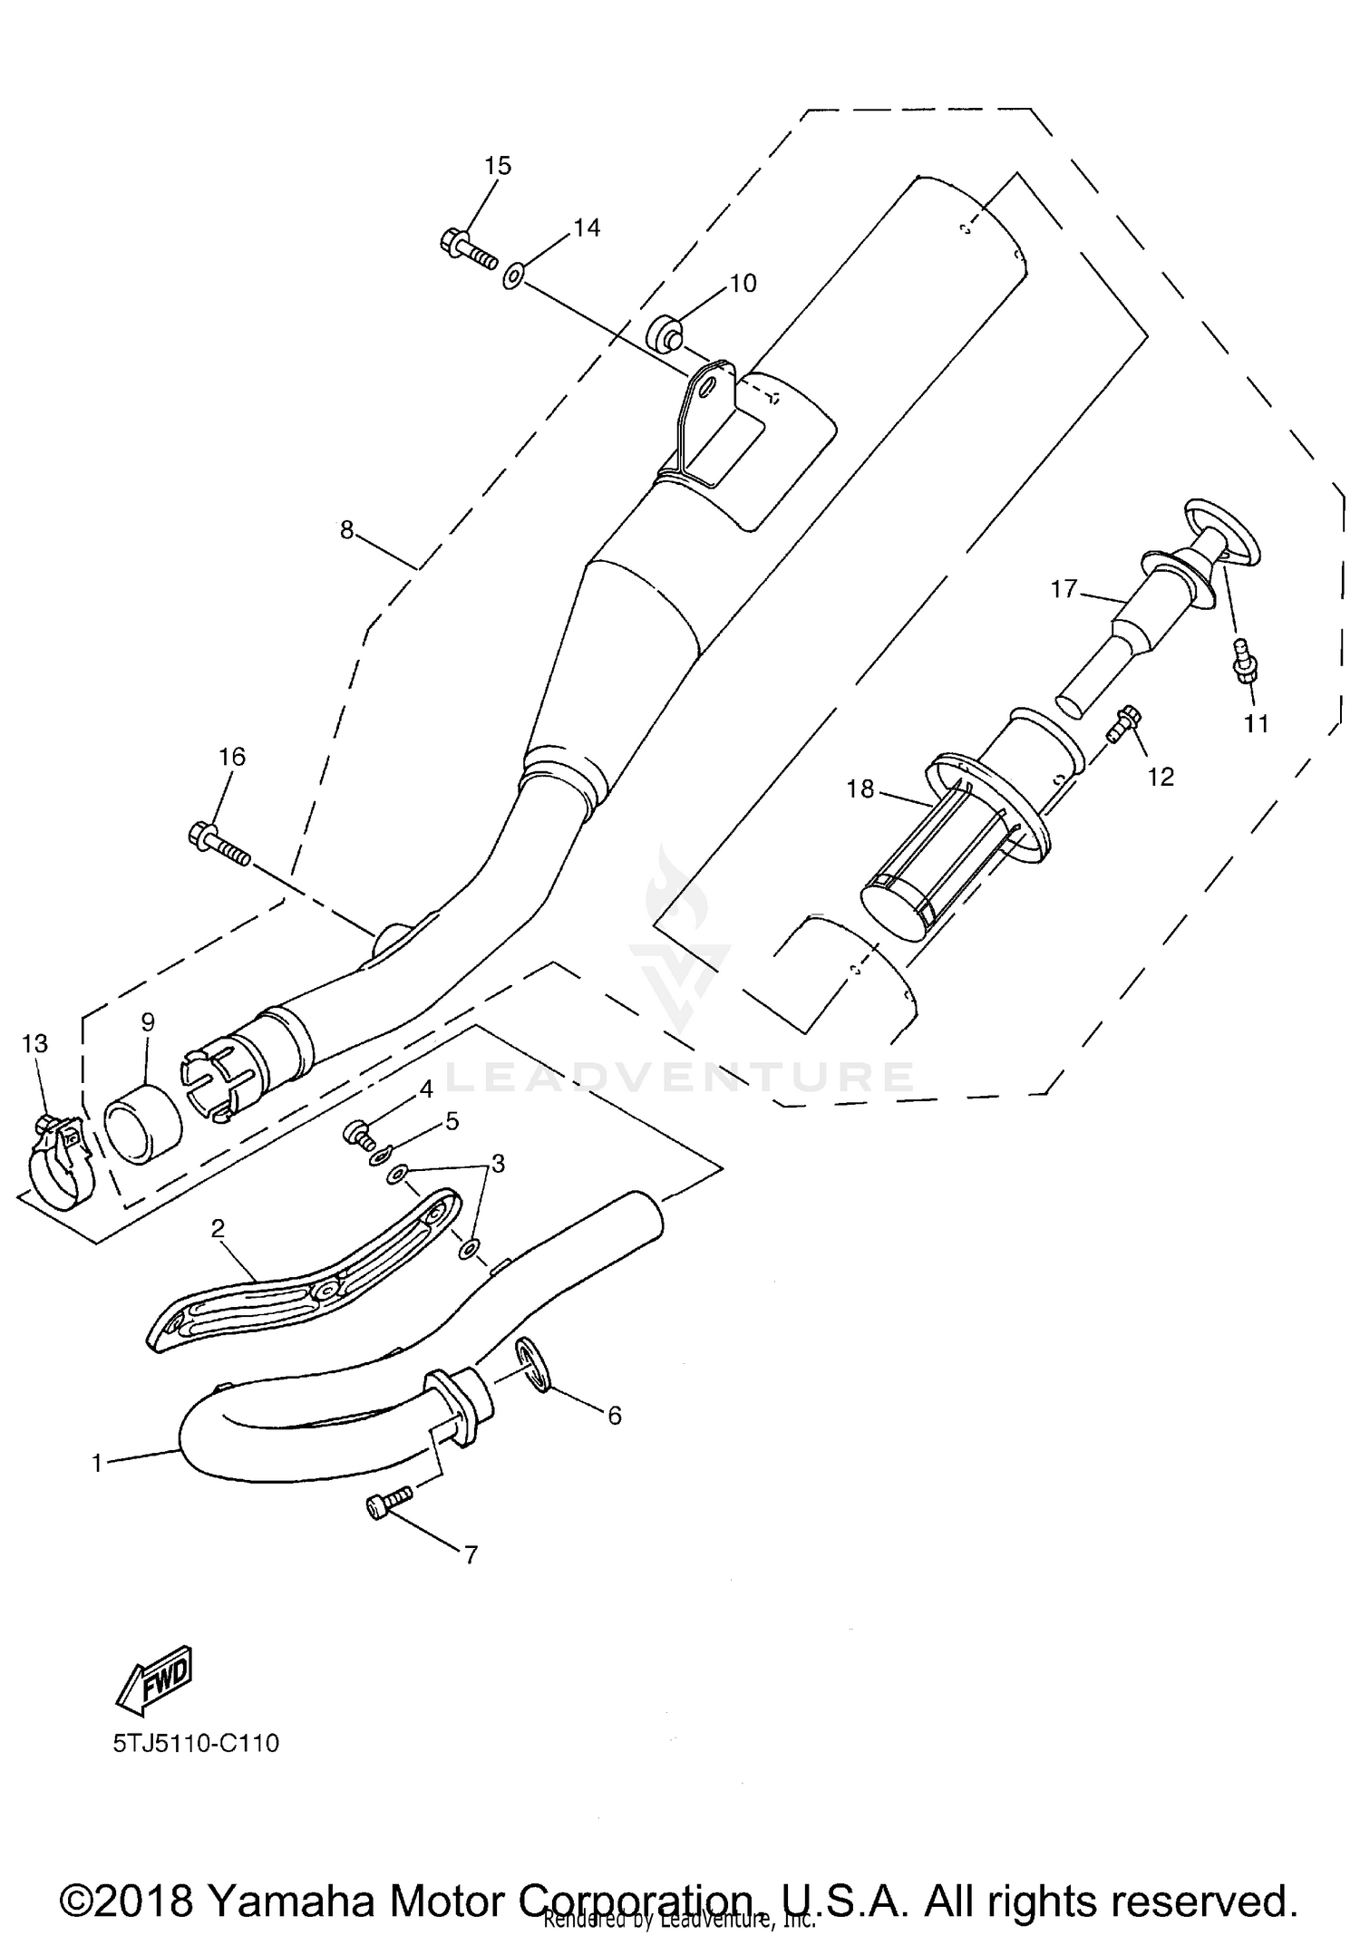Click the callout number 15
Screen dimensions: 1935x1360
(498, 166)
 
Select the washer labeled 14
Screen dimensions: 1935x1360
(513, 275)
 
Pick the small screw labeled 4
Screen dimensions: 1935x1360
(358, 1132)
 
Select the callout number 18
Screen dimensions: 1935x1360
(860, 789)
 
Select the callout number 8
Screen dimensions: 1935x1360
(346, 530)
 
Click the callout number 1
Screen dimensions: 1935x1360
(97, 1463)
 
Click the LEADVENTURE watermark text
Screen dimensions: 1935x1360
(680, 1078)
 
